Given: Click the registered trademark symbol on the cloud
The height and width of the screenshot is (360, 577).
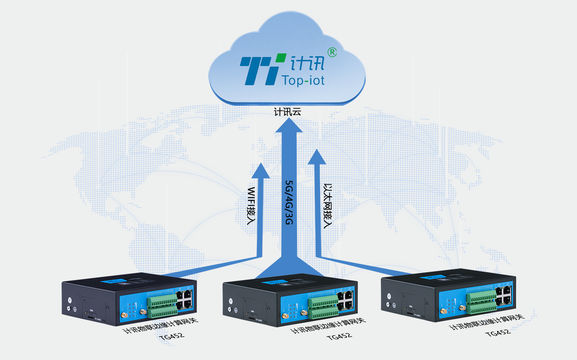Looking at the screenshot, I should point(332,52).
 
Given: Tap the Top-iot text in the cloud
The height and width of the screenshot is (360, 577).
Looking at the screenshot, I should point(303,80).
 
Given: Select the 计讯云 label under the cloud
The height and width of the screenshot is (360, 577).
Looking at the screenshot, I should point(288,112).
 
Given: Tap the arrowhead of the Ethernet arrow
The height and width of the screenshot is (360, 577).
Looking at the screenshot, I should point(317,157).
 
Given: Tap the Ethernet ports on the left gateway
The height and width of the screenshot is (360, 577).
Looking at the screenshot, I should point(185,300).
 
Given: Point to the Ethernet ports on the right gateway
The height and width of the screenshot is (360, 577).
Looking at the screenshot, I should point(504,295).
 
